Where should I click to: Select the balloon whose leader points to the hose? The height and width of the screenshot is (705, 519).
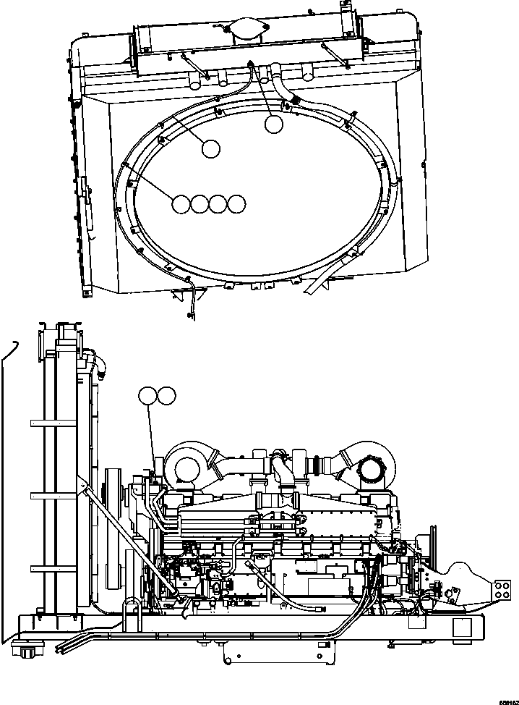pyautogui.click(x=273, y=124)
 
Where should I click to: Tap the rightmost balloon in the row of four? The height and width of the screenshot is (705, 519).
pyautogui.click(x=236, y=204)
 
